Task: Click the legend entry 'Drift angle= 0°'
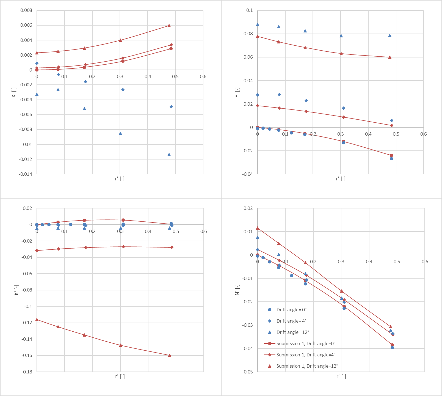291,310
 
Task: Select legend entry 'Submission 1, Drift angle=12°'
307,366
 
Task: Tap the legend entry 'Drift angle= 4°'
291,321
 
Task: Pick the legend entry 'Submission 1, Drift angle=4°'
306,355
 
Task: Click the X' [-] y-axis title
14,92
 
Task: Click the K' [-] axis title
17,290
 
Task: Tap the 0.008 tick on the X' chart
26,10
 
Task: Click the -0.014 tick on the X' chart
25,174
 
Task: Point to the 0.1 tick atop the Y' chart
249,10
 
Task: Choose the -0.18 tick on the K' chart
27,372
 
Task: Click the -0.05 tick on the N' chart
247,372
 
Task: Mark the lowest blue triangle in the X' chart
169,155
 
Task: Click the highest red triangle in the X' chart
169,26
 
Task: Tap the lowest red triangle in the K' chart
170,355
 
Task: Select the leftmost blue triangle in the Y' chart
258,24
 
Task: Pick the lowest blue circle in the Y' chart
391,159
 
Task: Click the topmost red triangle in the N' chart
258,228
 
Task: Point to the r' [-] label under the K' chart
120,376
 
